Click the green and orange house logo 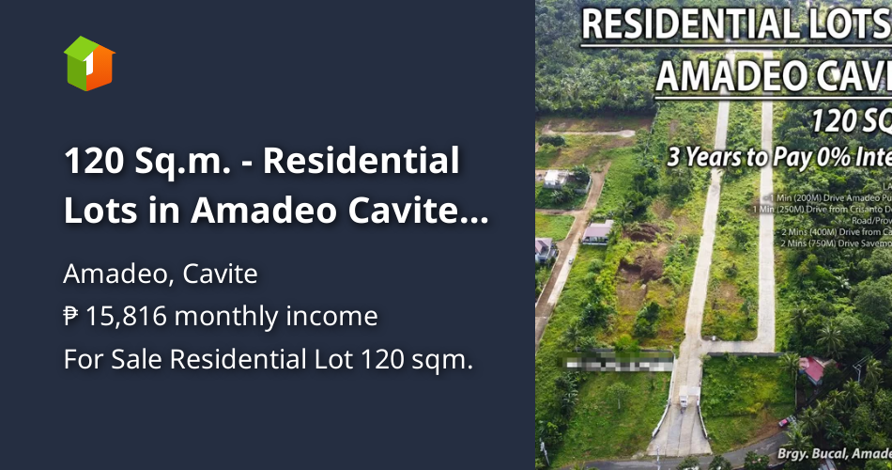tap(89, 63)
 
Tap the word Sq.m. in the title tap(191, 162)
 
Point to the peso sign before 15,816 tap(71, 317)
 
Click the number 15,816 tap(126, 317)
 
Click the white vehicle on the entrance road tap(683, 400)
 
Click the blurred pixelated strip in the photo tap(615, 359)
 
